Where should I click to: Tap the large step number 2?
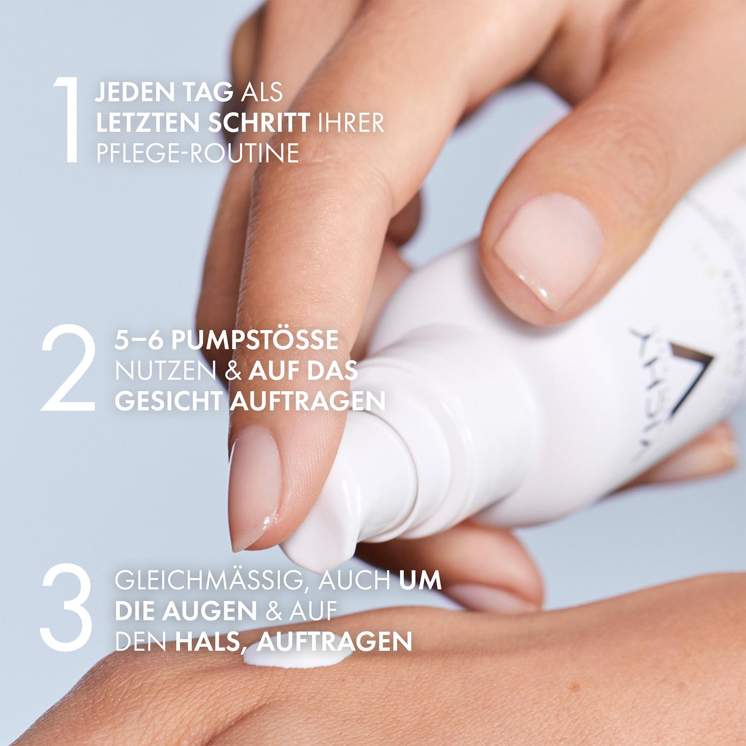tap(68, 367)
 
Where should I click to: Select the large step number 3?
tap(66, 607)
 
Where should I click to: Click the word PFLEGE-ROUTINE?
tap(197, 153)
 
